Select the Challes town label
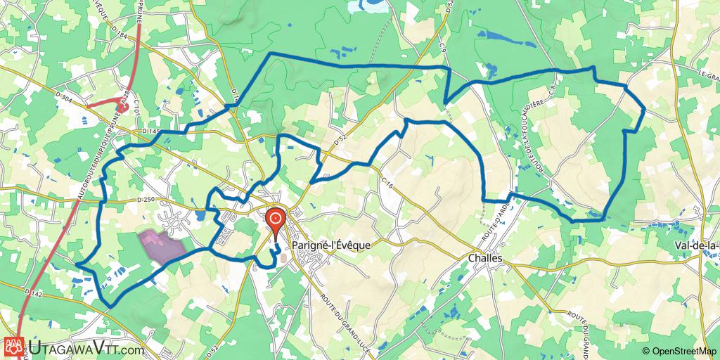pos(485,258)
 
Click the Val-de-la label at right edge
pos(696,245)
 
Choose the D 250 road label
pos(146,200)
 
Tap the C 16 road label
pos(386,181)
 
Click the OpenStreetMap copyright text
pos(679,351)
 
